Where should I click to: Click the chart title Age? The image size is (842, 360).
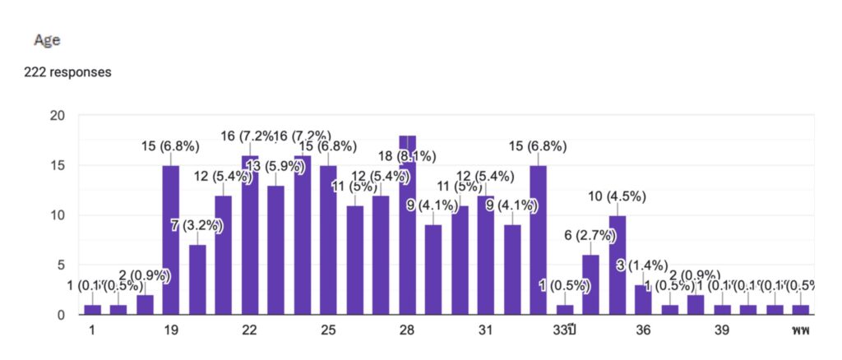click(x=46, y=39)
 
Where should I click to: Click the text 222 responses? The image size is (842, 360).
click(x=68, y=72)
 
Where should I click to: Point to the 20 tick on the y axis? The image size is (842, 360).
click(x=57, y=116)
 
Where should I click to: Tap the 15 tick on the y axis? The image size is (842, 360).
click(x=57, y=165)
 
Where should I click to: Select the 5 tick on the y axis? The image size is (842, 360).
click(x=61, y=265)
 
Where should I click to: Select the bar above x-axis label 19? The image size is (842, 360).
click(x=171, y=240)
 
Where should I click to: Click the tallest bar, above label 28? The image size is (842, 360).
click(x=407, y=225)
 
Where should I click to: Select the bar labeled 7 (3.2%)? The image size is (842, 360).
click(x=197, y=279)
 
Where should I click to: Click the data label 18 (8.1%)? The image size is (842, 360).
click(x=406, y=156)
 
